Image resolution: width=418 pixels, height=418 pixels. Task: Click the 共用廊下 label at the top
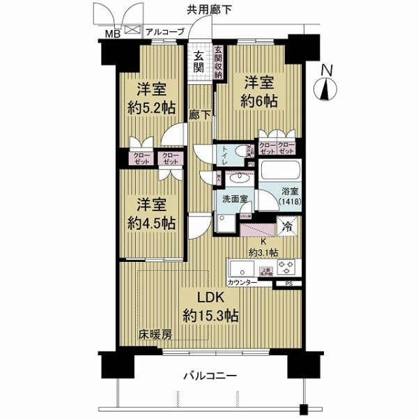(209, 10)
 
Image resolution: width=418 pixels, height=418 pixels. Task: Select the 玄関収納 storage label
(218, 61)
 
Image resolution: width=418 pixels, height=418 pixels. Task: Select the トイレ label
(222, 155)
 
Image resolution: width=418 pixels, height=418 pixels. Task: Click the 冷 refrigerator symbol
(286, 226)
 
